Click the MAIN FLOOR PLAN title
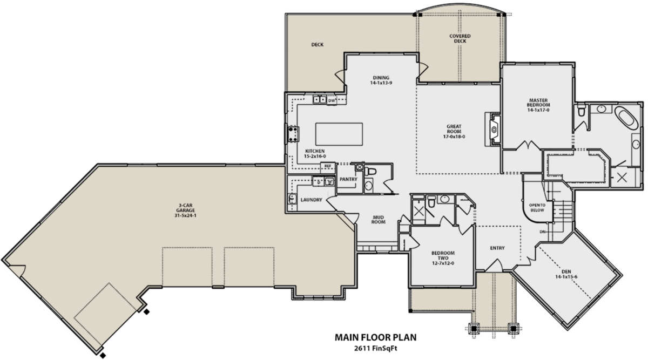375,337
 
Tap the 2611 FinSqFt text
375,349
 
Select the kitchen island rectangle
339,134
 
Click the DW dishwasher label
332,100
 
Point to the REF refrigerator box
327,166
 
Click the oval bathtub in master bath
626,118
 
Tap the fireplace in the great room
493,129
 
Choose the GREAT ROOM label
454,129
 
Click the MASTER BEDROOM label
538,103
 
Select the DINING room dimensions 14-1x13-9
381,83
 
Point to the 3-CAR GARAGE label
185,208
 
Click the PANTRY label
348,179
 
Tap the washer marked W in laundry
329,181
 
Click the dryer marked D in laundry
319,182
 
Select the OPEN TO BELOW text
537,208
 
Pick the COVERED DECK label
460,38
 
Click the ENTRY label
497,248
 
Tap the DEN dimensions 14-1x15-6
566,277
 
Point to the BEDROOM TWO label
443,255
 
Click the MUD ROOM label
379,220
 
